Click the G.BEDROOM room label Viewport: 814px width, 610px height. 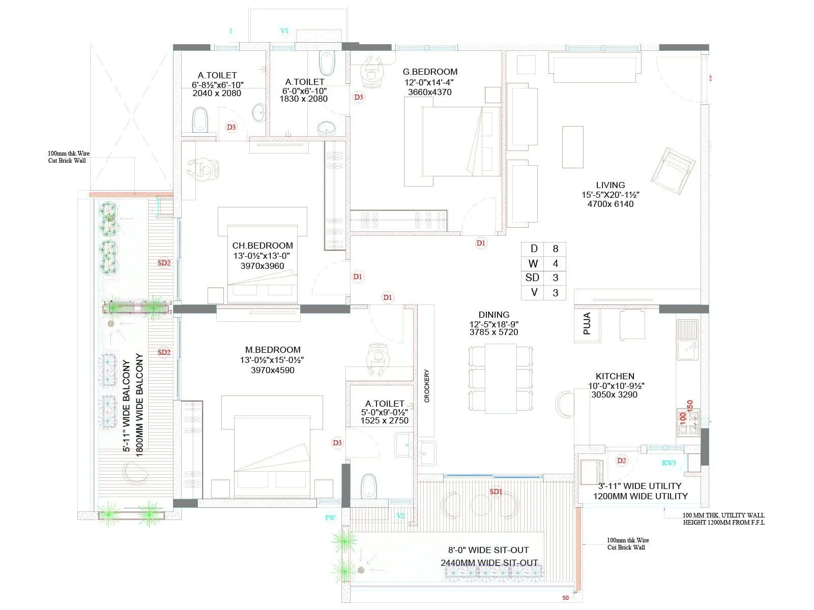430,72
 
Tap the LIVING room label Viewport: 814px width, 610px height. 610,185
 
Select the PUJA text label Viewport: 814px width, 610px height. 587,323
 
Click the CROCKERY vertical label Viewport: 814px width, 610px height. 426,386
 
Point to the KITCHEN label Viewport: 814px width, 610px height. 615,376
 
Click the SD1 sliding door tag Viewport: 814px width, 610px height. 496,492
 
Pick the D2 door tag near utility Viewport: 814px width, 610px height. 621,461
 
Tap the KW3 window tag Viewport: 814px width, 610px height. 668,463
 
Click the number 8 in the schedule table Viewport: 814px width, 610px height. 555,249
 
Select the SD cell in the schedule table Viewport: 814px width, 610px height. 532,278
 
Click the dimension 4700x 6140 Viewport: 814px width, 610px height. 610,204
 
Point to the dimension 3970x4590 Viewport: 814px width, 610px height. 272,370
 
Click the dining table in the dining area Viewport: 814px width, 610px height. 501,378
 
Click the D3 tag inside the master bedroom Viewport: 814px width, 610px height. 337,443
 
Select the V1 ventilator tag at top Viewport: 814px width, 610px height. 284,31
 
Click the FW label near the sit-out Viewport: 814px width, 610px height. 330,517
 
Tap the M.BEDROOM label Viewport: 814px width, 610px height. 273,350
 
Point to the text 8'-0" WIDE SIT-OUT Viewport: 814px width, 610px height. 488,550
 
